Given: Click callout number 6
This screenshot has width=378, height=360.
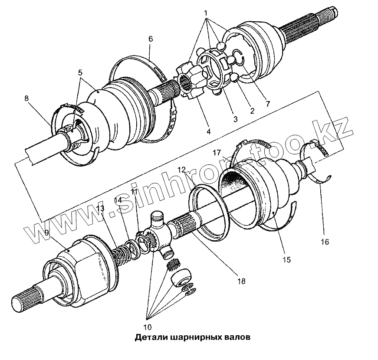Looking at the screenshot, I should tap(150, 39).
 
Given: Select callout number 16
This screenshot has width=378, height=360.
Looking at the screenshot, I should tap(325, 241).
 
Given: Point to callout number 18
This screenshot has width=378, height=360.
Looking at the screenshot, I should tap(241, 281).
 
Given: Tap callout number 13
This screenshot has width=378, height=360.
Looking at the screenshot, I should tap(101, 209).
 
